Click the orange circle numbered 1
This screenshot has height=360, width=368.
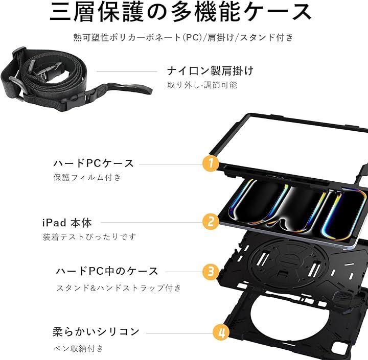pos(211,163)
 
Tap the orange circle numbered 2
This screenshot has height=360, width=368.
pos(211,221)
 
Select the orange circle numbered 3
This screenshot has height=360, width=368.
pos(211,272)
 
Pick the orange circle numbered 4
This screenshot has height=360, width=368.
pos(221,332)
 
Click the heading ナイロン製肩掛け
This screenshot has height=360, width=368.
pos(210,71)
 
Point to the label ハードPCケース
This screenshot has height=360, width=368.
pos(94,163)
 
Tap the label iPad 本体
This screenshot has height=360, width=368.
pos(67,223)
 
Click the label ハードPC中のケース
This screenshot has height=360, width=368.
pos(107,271)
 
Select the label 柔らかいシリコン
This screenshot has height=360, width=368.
pos(96,331)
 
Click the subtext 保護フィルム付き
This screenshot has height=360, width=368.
pos(87,177)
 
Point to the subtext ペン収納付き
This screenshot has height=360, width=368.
pos(78,348)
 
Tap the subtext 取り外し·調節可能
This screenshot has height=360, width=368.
pos(202,85)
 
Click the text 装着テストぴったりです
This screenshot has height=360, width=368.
pos(89,236)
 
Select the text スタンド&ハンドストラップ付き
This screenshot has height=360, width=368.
pos(119,287)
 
